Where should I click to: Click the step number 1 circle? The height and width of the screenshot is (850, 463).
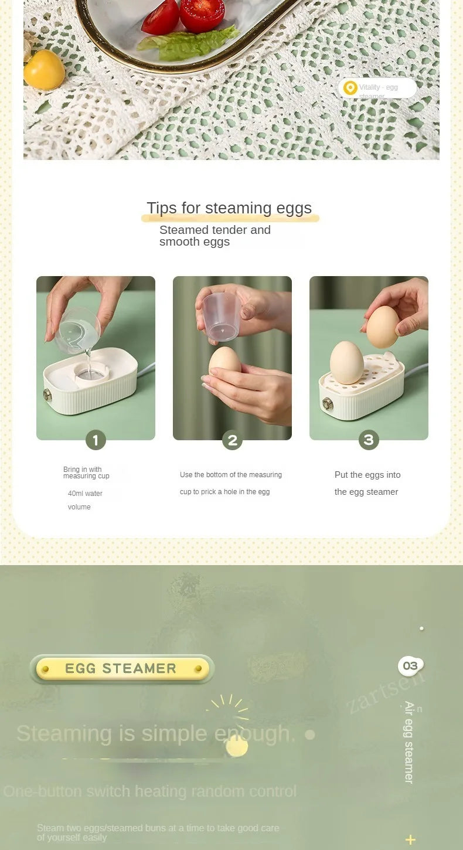tap(96, 440)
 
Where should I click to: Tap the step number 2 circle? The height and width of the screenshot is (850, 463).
tap(232, 440)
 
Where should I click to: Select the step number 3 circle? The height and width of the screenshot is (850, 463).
tap(369, 440)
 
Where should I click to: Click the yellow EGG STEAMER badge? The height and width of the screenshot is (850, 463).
tap(122, 669)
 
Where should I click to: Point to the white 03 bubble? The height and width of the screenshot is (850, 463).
tap(410, 666)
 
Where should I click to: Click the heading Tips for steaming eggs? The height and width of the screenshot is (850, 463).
tap(229, 208)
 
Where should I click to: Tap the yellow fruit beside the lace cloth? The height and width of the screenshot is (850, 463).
tap(44, 70)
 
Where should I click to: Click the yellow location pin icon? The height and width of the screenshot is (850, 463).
tap(350, 88)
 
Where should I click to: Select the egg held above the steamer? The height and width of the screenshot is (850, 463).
tap(383, 327)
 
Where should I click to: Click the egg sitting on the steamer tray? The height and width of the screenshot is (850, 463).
tap(347, 363)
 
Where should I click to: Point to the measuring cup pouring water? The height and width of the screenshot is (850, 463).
tap(79, 331)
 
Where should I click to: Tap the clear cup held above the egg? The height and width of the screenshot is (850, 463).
tap(222, 317)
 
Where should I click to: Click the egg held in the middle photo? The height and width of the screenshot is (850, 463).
tap(224, 362)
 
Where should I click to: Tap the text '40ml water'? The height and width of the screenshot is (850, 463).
tap(85, 494)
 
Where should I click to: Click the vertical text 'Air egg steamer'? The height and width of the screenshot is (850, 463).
tap(409, 742)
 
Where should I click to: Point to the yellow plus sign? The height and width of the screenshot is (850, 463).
tap(411, 839)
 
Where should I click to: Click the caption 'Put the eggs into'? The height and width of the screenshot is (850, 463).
tap(367, 475)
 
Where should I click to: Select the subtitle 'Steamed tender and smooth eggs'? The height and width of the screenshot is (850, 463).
tap(215, 236)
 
